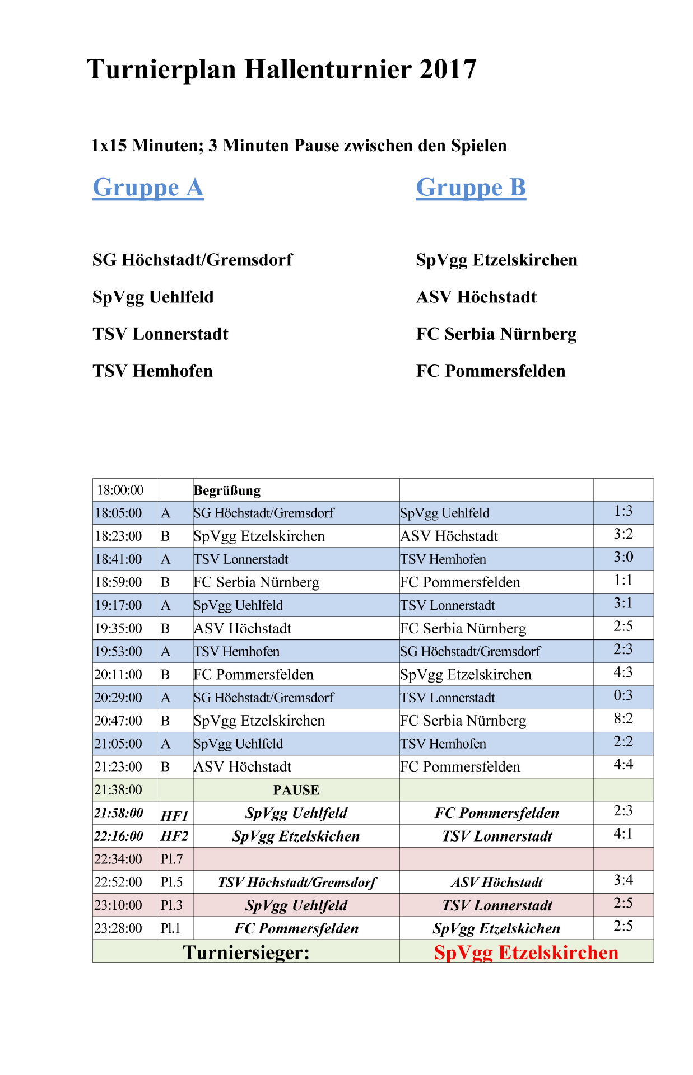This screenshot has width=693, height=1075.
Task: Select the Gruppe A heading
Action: point(148,188)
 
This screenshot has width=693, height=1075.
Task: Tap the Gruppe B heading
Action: point(471,188)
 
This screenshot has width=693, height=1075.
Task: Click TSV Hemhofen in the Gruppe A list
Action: point(152,371)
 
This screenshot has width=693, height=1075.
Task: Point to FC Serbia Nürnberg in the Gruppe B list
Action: point(496,334)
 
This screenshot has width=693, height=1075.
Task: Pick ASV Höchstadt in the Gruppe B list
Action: point(476,297)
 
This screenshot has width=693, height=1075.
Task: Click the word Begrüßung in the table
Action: point(227,490)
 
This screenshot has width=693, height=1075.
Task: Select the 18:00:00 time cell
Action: point(120,490)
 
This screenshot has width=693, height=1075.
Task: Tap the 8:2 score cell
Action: point(623,719)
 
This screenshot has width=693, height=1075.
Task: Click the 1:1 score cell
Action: point(623,581)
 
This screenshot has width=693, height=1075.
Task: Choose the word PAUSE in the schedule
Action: point(296,790)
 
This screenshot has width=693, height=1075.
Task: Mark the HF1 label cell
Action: point(174,815)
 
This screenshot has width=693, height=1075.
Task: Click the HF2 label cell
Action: point(174,836)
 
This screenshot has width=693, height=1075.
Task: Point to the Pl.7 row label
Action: point(171,859)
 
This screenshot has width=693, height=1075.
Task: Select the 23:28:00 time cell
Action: point(118,928)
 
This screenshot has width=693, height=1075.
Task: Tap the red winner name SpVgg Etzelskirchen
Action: point(526,952)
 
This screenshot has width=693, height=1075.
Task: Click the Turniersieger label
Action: point(246,952)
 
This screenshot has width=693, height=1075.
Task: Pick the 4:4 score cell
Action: point(623,765)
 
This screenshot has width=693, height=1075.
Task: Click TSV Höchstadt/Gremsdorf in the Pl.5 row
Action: point(296,883)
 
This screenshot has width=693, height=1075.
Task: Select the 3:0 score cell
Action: point(623,558)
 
